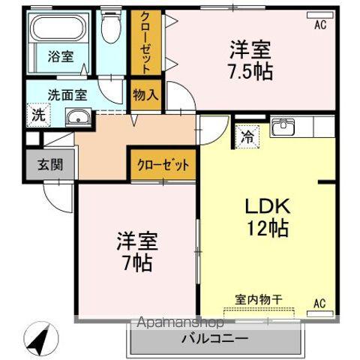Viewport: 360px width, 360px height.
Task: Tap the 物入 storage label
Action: coord(145,95)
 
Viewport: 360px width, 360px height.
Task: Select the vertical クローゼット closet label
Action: coord(145,43)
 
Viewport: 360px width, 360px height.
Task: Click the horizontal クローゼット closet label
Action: coord(163,164)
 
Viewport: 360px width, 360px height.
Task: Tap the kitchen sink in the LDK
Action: coord(282,127)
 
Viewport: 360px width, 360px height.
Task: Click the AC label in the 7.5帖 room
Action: coord(320,25)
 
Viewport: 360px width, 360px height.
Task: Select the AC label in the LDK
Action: coord(319,303)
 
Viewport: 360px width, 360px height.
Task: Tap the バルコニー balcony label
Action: coord(216,338)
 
